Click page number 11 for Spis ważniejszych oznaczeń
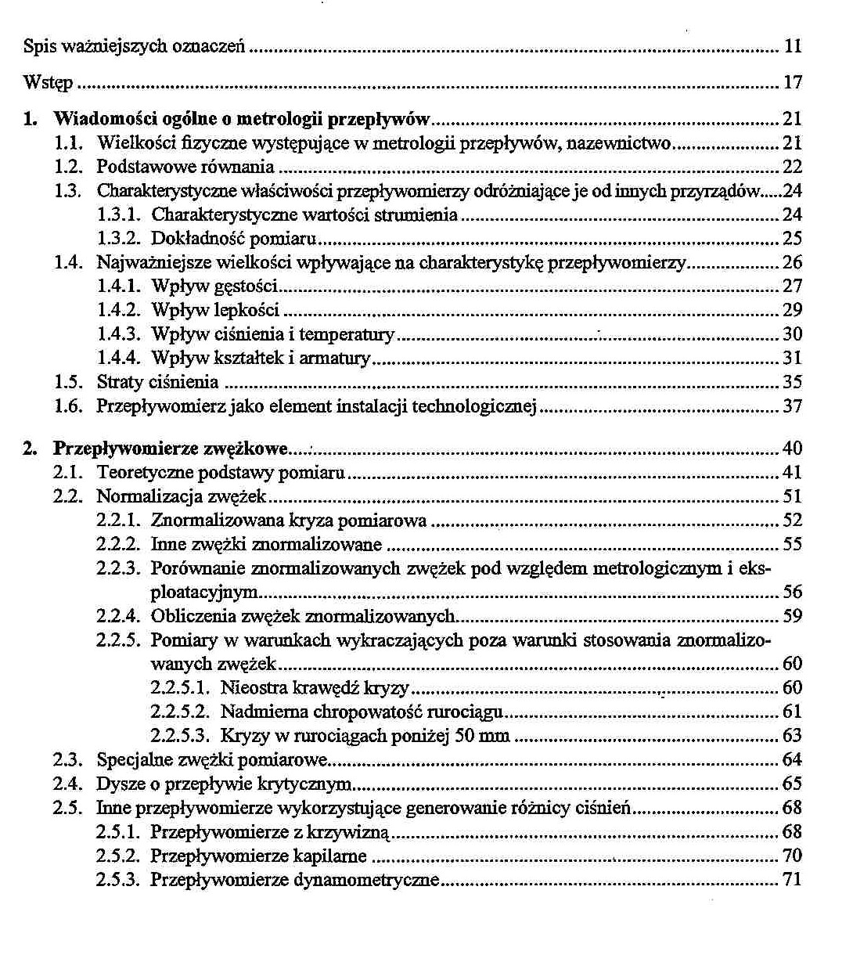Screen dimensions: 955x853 (x=793, y=46)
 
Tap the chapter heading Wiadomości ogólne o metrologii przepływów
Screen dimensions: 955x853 (x=242, y=120)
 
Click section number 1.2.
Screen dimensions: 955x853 (x=68, y=167)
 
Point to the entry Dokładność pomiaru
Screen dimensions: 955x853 (x=236, y=239)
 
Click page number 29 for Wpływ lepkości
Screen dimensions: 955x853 (x=793, y=311)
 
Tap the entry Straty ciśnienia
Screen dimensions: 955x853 (x=157, y=383)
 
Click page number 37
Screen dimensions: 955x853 (x=793, y=406)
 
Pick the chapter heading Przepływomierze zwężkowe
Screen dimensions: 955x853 (x=171, y=449)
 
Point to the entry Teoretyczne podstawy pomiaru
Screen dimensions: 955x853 (x=221, y=473)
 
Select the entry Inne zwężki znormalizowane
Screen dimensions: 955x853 (x=266, y=545)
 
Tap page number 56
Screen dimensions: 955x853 (x=793, y=593)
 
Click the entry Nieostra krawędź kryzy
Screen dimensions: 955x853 (x=315, y=688)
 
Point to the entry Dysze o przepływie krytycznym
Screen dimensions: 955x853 (x=224, y=784)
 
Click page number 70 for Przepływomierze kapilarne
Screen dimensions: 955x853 (x=793, y=856)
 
